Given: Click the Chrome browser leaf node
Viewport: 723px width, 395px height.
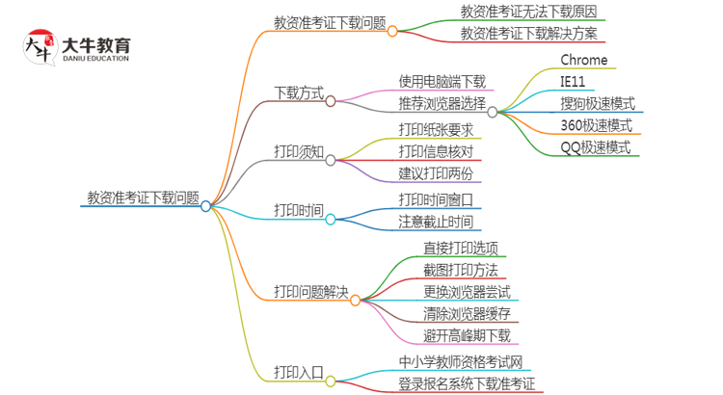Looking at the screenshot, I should tap(584, 60).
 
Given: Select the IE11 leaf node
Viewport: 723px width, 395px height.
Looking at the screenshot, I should tap(574, 81).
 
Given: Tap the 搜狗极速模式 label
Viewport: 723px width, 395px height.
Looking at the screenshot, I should tap(598, 103).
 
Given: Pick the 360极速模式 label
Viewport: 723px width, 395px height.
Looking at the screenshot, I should tap(597, 125).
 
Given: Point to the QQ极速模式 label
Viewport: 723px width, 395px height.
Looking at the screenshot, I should tap(596, 147).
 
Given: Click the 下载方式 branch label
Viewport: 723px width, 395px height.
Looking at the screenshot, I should tap(299, 94).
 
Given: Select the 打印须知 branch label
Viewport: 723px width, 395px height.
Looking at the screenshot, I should tap(299, 152).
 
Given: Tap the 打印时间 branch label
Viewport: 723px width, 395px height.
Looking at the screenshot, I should tap(299, 209).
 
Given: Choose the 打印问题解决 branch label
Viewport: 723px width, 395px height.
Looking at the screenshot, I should tap(311, 291).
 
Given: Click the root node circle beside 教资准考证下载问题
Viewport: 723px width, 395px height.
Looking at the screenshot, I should tap(205, 205).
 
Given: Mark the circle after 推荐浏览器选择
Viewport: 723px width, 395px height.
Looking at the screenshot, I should tap(493, 112).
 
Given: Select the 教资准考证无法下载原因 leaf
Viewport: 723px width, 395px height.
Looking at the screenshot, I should tap(528, 12).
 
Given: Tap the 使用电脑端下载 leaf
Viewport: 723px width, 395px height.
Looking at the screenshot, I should tap(442, 81).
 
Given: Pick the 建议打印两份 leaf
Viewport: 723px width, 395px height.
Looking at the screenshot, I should tap(436, 173).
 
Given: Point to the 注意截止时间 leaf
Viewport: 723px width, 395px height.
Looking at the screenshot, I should tap(436, 221).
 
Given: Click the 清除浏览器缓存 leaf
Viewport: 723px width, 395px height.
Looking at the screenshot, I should tap(468, 313).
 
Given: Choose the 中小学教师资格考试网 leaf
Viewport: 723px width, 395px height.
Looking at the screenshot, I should tap(461, 361).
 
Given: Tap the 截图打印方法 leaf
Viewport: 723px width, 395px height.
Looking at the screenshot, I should tap(461, 269).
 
